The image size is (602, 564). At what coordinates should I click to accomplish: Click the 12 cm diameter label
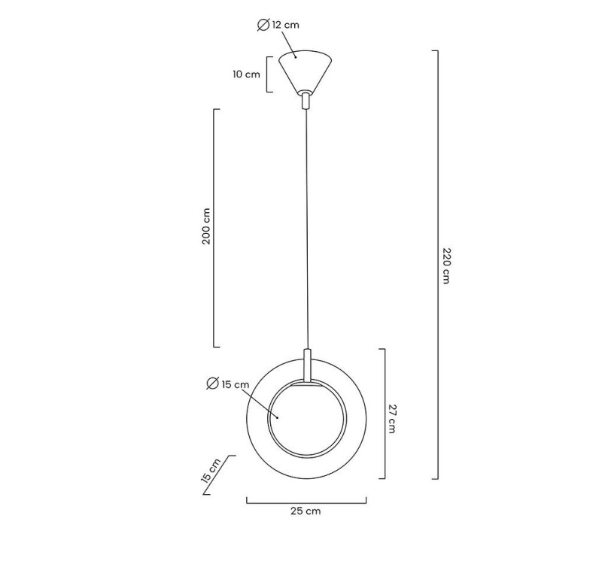point(285,26)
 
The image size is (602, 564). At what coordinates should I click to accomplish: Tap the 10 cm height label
point(246,74)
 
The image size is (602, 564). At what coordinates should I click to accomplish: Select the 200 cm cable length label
point(207,227)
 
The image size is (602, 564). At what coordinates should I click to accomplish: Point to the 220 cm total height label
point(445,265)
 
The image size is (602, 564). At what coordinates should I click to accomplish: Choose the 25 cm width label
point(306,511)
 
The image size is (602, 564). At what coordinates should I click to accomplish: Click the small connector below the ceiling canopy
point(305,100)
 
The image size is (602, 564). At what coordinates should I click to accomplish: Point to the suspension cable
point(306,226)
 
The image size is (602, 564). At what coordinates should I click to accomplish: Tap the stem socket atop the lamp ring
point(307,365)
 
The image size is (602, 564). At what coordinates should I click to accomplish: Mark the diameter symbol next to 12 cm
point(263,26)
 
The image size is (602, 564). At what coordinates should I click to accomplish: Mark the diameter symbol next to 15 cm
point(212,384)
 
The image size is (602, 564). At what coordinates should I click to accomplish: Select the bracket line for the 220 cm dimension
point(437,265)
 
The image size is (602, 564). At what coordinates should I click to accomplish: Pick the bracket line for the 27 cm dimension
point(385,414)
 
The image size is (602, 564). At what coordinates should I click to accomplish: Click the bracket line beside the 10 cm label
point(269,74)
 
